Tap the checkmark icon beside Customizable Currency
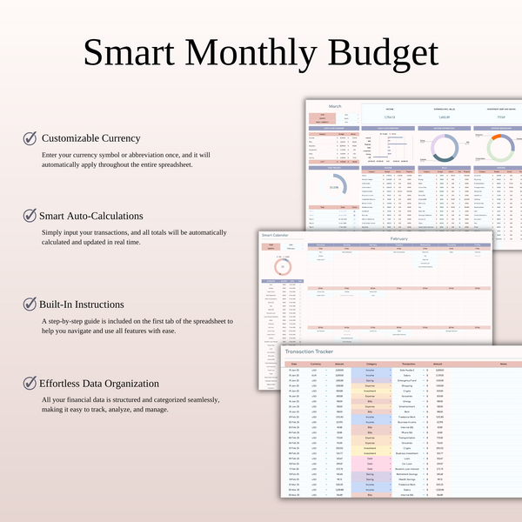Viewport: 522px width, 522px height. click(30, 138)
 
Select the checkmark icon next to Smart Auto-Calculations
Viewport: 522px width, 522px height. click(30, 215)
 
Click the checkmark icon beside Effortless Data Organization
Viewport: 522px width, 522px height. click(30, 383)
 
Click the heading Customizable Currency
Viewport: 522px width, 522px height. click(90, 138)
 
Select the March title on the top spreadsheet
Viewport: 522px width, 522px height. click(322, 106)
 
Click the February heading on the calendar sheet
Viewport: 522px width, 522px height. click(400, 238)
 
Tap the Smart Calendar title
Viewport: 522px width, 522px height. click(275, 235)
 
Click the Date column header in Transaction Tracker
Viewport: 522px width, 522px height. click(293, 364)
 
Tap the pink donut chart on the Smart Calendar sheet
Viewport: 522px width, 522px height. click(282, 267)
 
